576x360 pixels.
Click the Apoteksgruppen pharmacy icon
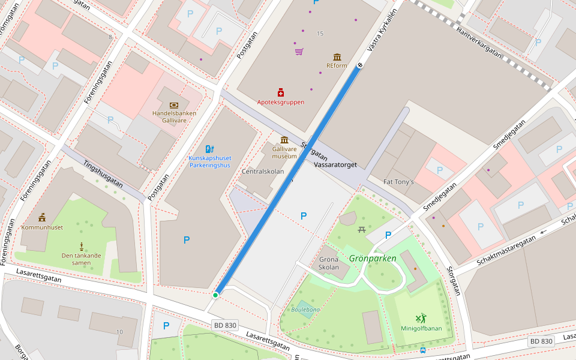[281, 92]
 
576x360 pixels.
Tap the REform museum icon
[337, 57]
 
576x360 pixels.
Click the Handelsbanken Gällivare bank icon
[174, 105]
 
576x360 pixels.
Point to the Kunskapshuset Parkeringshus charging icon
[209, 149]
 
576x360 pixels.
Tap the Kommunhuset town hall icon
[42, 218]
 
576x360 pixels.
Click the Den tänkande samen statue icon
[81, 246]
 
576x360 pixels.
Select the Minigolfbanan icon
[421, 318]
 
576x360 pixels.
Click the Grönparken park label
[373, 259]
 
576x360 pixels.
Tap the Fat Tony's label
[398, 182]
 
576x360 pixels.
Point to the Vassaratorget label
[335, 164]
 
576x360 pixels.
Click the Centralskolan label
[262, 172]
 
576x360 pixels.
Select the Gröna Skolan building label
[329, 263]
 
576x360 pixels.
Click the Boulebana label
[305, 310]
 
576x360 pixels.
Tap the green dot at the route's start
[215, 295]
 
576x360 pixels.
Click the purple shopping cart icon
[299, 52]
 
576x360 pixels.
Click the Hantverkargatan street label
[478, 42]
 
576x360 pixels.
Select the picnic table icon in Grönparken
[362, 229]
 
